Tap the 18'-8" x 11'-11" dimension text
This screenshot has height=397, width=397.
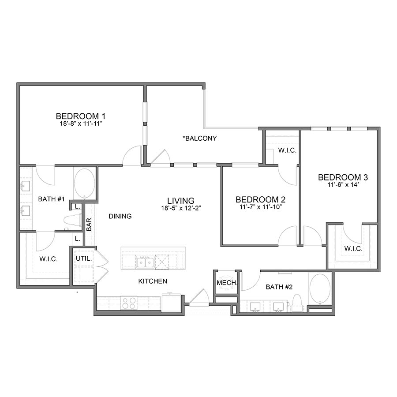[x=82, y=124]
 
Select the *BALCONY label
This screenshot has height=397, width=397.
[x=200, y=138]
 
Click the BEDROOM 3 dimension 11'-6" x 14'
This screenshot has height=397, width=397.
[x=343, y=185]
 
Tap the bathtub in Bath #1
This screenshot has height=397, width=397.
[x=84, y=183]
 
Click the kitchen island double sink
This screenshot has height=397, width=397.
[x=144, y=262]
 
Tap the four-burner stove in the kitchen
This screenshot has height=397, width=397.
[x=129, y=303]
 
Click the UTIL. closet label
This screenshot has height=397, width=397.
[x=83, y=259]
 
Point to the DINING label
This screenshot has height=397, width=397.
[x=120, y=216]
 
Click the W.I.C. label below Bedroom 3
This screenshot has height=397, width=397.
[x=353, y=249]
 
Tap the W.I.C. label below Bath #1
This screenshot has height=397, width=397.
[x=49, y=259]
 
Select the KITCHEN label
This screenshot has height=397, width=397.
[x=153, y=281]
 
